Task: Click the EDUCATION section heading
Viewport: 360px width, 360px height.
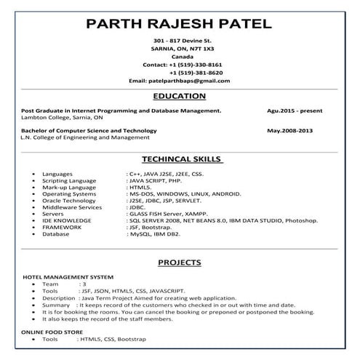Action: tap(180, 96)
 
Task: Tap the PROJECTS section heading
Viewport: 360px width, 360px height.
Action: tap(180, 263)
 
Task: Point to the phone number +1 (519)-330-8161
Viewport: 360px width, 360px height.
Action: tap(191, 64)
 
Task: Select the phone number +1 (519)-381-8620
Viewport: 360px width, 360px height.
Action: tap(196, 73)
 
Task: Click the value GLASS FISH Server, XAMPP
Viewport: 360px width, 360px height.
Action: tap(163, 214)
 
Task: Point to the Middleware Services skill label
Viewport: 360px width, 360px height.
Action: tap(72, 207)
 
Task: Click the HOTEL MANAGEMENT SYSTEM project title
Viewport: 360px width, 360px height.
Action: tap(68, 277)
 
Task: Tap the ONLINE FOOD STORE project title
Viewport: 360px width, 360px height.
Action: tap(54, 332)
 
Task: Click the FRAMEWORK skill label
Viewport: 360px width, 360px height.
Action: tap(62, 227)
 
